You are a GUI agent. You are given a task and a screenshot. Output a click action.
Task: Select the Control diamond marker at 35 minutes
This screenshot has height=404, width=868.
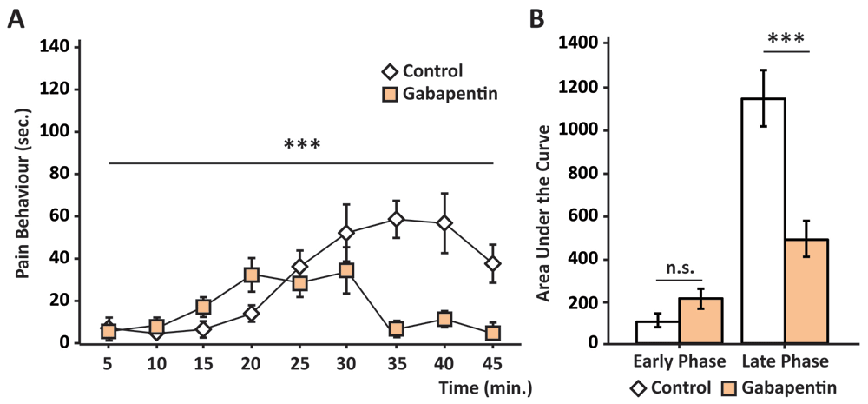point(397,220)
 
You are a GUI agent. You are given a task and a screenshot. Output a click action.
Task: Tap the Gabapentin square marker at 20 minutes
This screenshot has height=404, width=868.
point(252,275)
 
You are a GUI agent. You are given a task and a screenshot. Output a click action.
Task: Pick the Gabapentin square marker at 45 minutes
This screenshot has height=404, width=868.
point(493,332)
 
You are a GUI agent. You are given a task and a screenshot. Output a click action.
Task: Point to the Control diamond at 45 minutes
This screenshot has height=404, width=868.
point(493,264)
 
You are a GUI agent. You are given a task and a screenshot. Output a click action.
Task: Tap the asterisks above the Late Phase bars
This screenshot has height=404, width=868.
point(786,40)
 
